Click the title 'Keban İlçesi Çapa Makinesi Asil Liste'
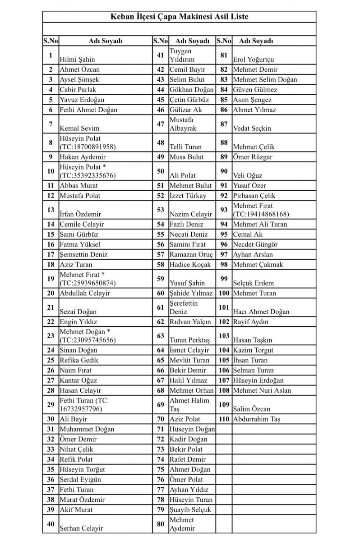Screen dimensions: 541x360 pos(180,17)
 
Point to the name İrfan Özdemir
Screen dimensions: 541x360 pos(80,214)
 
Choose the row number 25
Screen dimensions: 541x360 pos(51,360)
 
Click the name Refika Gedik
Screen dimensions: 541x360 pos(79,360)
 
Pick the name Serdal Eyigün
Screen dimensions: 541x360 pos(80,479)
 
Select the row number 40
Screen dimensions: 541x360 pos(51,523)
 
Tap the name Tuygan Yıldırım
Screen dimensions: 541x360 pos(182,55)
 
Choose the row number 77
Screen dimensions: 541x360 pos(160,489)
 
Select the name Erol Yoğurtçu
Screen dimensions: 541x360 pos(253,59)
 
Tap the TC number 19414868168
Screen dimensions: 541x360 pos(261,214)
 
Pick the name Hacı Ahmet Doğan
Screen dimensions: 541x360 pos(261,312)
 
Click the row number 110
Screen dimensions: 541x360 pos(224,419)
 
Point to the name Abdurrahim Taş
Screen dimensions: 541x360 pos(257,419)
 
